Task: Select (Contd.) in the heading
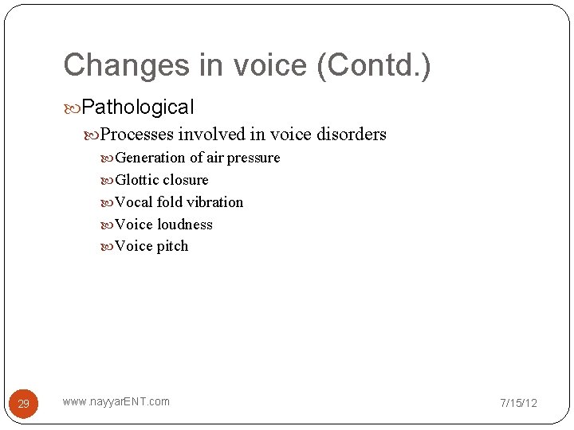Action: tap(374, 65)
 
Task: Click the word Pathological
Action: tap(138, 107)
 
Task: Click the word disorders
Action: tap(351, 134)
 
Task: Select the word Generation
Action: tap(151, 158)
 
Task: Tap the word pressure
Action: tap(254, 158)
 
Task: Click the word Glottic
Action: tap(137, 180)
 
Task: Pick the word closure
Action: tap(185, 180)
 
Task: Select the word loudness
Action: tap(184, 225)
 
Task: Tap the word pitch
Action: tap(172, 246)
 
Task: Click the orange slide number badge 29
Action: tap(23, 404)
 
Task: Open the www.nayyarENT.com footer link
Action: tap(116, 401)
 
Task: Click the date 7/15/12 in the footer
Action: tap(518, 403)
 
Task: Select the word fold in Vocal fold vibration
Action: tap(169, 202)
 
